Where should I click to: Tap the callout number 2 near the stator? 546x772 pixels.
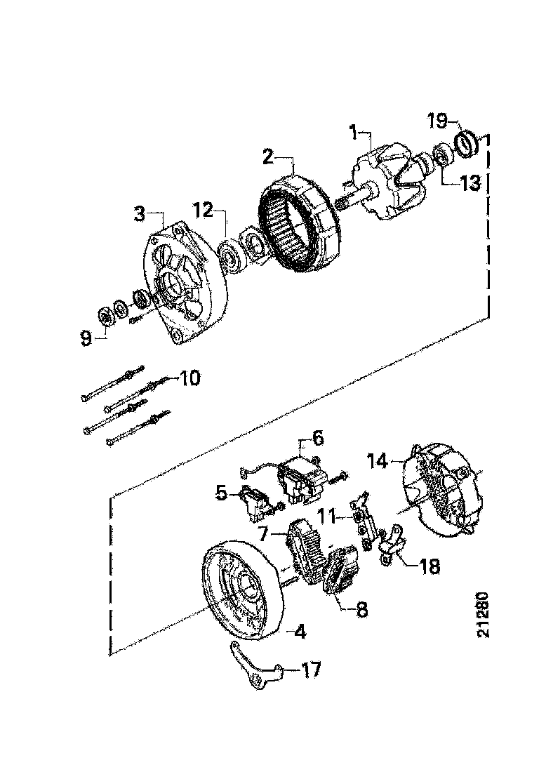click(x=267, y=155)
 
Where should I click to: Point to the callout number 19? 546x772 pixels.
click(x=437, y=121)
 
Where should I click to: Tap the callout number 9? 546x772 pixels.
click(x=86, y=339)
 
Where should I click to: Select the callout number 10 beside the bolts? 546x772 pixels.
click(x=189, y=378)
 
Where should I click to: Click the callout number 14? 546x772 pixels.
click(x=378, y=461)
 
